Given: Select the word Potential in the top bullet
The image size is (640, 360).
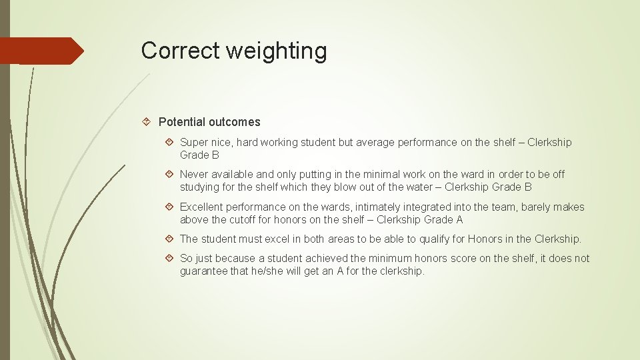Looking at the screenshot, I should point(181,122).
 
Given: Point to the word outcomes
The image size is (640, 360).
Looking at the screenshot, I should point(234,122).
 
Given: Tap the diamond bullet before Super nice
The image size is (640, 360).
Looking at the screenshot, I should point(170,142).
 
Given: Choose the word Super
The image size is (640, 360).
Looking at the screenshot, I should point(193,142).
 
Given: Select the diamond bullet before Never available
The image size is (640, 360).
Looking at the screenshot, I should point(170,174).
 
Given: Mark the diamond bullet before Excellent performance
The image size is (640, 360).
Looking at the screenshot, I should point(170,207).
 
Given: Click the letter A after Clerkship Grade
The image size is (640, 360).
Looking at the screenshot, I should point(459,219).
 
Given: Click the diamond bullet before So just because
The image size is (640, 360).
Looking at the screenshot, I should point(170,258).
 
